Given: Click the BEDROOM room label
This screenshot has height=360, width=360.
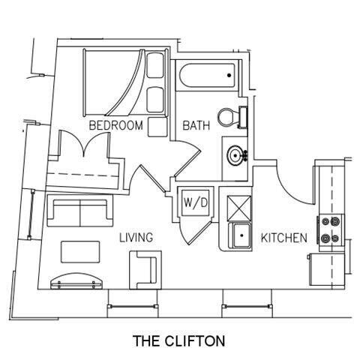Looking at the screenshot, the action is [x=116, y=125].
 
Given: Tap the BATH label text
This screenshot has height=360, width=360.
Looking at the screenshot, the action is [x=196, y=125].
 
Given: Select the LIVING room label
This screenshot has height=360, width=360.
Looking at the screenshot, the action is [x=136, y=238].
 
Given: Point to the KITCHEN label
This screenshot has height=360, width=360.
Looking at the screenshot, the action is [x=284, y=238].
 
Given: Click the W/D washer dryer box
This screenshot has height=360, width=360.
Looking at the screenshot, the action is [x=196, y=202].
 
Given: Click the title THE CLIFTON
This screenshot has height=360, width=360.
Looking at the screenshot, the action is [x=179, y=340].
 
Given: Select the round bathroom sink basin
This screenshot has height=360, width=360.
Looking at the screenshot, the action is [x=235, y=155].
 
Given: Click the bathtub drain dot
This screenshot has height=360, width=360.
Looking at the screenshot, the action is [x=229, y=75].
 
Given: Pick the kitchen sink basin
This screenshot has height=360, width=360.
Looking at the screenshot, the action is [x=241, y=235].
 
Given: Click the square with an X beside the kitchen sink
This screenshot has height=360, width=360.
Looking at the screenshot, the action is [x=239, y=208].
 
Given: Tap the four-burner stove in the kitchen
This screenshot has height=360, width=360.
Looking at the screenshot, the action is [x=331, y=229].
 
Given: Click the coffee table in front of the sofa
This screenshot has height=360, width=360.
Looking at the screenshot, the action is [x=80, y=252].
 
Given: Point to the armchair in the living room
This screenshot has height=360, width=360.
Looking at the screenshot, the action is [x=145, y=270].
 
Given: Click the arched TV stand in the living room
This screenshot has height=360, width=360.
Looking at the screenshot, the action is [x=76, y=281].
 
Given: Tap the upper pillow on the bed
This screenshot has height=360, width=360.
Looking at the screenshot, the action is [x=155, y=65].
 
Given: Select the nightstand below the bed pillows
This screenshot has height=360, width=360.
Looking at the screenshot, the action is [x=157, y=127].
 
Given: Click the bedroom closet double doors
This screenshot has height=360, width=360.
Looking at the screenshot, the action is [x=85, y=143].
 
